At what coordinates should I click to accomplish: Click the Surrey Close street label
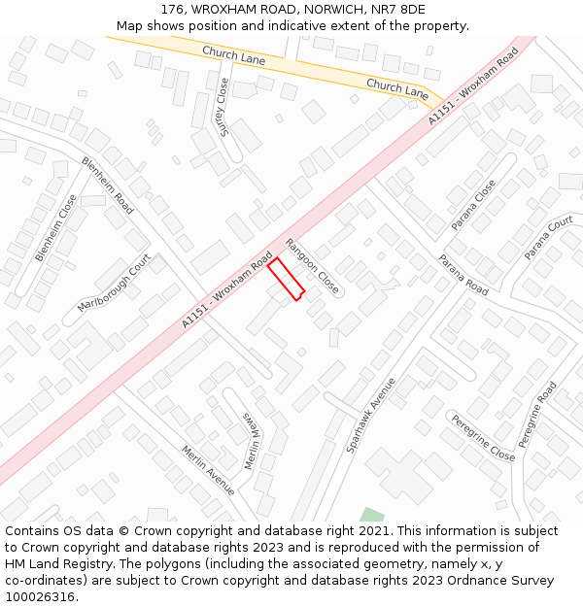coord(224,107)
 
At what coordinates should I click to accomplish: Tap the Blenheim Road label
coord(108,185)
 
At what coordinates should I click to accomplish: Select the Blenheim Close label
coord(55,227)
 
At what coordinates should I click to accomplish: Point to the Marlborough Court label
coord(115,283)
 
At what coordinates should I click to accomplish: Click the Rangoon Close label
coord(312,266)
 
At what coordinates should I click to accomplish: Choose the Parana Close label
coord(473,204)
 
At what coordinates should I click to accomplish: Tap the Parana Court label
coord(549,238)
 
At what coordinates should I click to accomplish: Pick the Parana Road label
coord(463,275)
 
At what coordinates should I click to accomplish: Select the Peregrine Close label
coord(481,437)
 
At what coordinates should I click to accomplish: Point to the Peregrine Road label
coord(537,414)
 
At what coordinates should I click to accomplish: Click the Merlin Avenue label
coord(208,470)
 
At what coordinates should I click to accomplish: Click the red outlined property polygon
coord(286,279)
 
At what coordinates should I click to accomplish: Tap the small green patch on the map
coord(370,515)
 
